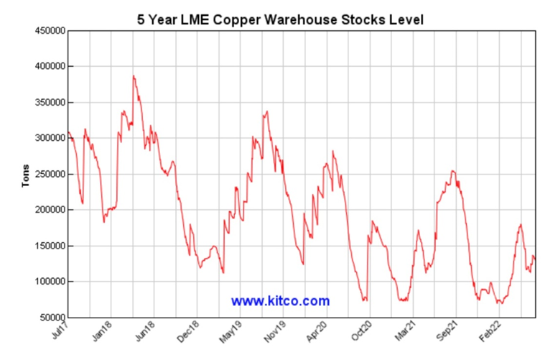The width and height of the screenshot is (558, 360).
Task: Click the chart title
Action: [x=281, y=19]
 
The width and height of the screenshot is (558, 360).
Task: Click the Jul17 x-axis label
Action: [x=61, y=332]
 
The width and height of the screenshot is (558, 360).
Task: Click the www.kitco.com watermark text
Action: [x=280, y=301]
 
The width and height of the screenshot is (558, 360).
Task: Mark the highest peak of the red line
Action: [x=134, y=76]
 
